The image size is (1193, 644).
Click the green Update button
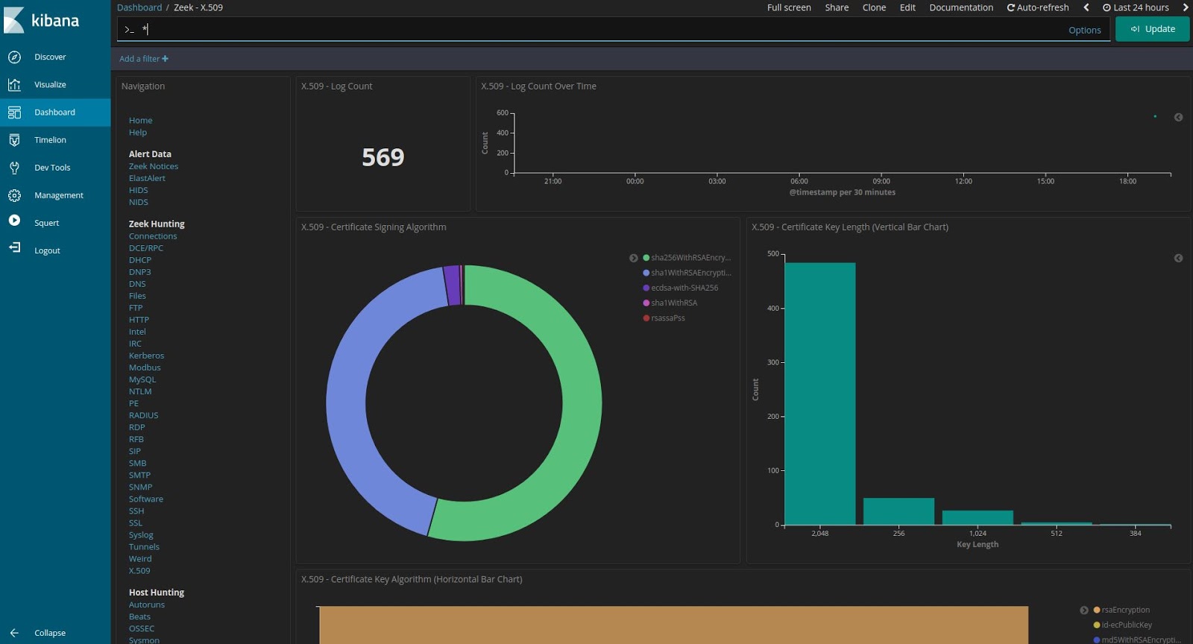click(x=1152, y=29)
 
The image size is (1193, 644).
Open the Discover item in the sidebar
click(x=49, y=57)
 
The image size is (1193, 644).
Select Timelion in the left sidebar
click(x=50, y=140)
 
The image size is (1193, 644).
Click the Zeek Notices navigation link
click(x=153, y=166)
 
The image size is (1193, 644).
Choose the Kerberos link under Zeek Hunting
click(x=146, y=356)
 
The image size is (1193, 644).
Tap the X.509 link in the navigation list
click(x=139, y=571)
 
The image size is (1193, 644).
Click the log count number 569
click(x=383, y=157)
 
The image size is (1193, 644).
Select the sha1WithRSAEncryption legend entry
click(x=690, y=273)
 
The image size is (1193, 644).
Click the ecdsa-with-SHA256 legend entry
click(x=684, y=288)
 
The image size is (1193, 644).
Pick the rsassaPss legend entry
click(x=667, y=318)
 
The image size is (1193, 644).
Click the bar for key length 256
click(x=898, y=511)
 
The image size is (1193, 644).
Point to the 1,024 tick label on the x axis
click(x=978, y=534)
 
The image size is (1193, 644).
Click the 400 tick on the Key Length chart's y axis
click(x=773, y=308)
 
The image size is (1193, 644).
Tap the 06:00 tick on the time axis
click(x=799, y=181)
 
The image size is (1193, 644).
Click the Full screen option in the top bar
click(x=789, y=7)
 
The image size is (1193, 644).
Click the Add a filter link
click(x=143, y=59)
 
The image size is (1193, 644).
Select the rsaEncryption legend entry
click(x=1125, y=610)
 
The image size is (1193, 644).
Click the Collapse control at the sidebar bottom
click(x=49, y=633)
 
